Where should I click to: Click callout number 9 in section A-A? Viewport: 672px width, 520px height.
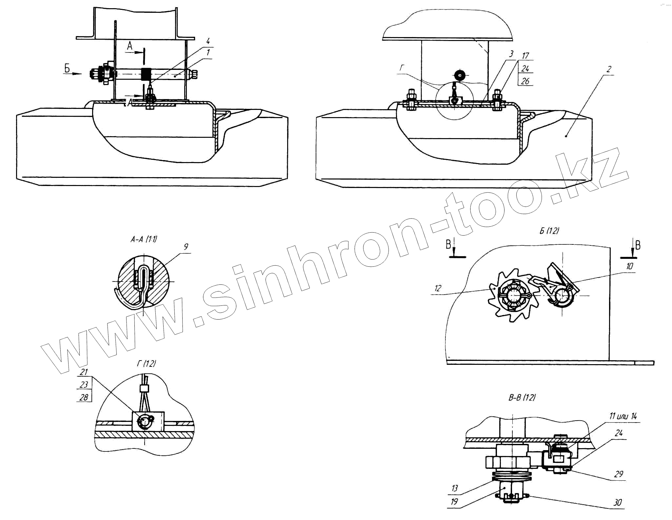coord(186,247)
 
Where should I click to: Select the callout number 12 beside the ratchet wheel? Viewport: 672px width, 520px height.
coord(438,288)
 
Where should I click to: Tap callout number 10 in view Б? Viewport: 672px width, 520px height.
coord(629,266)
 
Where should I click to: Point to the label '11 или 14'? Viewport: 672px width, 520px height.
coord(623,416)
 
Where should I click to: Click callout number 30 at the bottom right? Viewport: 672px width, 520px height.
coord(617,503)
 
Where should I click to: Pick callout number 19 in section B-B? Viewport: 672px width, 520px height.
coord(454,502)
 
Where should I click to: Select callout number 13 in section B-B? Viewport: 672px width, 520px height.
coord(454,488)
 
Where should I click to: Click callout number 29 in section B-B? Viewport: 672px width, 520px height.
coord(619,474)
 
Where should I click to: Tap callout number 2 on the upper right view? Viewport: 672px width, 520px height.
coord(609,69)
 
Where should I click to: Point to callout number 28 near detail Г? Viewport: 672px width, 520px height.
coord(84,397)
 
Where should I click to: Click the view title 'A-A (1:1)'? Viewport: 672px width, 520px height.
coord(144,239)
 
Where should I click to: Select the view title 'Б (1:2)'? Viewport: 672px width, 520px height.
coord(549,231)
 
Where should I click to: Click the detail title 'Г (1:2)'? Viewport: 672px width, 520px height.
coord(146,364)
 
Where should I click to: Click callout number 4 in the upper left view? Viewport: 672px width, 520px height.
coord(208,41)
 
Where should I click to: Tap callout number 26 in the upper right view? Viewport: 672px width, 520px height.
coord(525,81)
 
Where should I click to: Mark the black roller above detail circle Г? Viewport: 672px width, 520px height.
coord(460,75)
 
